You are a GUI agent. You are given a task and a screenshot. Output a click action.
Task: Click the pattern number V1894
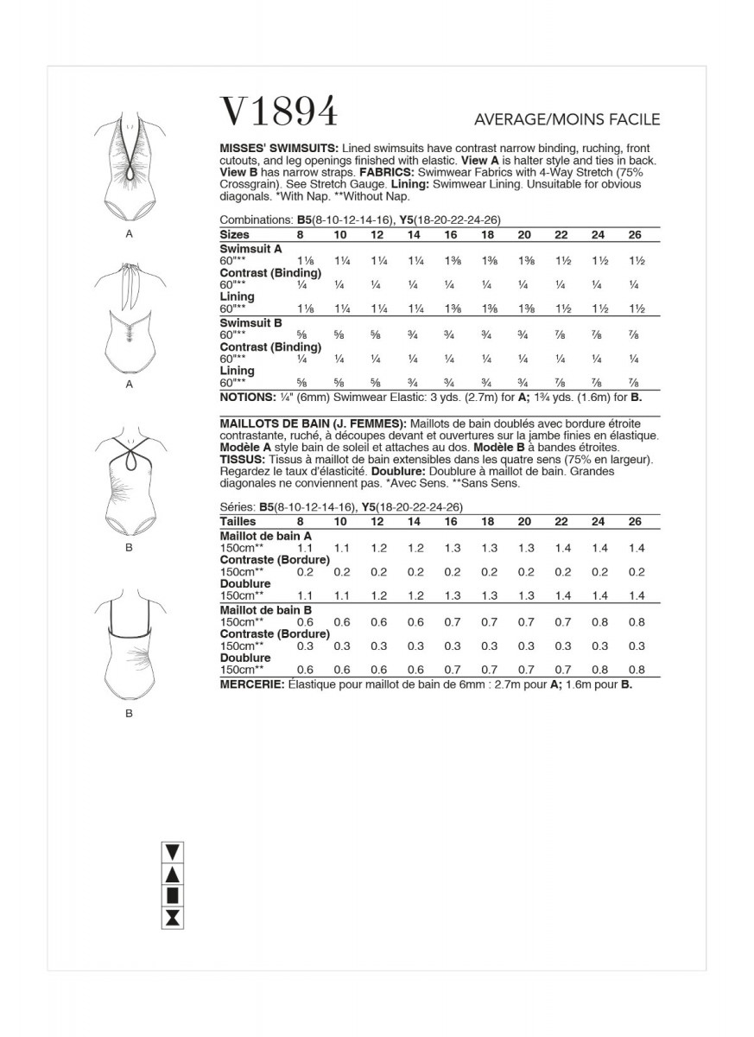[279, 111]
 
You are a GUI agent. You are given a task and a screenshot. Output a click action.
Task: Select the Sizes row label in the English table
[235, 234]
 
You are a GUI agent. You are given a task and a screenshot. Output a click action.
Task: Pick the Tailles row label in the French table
[238, 522]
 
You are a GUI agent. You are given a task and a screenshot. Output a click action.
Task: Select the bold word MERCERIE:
[251, 684]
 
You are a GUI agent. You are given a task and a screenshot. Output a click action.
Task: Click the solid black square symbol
[174, 895]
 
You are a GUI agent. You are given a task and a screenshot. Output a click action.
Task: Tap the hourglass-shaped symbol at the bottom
[174, 917]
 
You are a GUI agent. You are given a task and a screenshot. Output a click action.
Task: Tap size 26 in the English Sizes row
[635, 234]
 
